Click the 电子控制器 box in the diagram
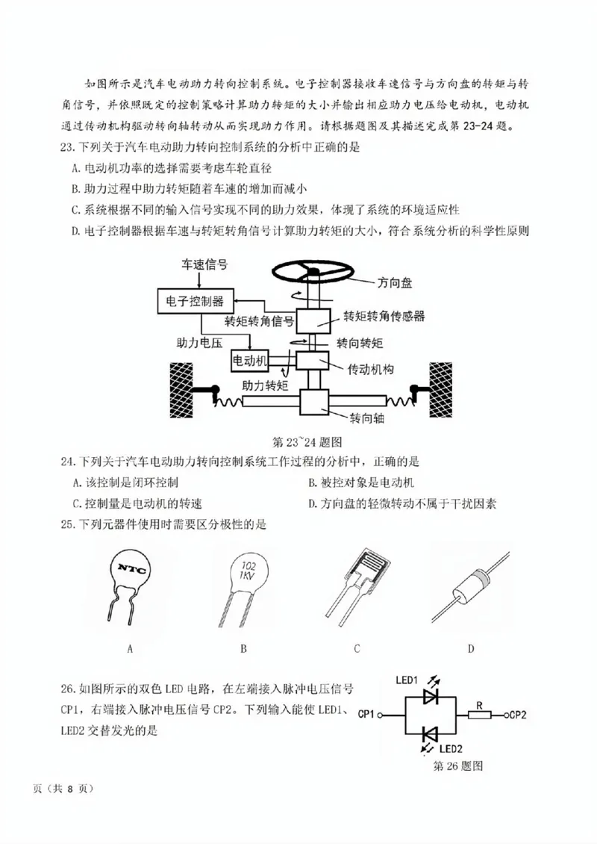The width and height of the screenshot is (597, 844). click(x=196, y=301)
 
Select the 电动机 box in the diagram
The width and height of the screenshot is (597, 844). click(x=250, y=361)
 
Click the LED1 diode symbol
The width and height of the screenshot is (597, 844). click(x=431, y=697)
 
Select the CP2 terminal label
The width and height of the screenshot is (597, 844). click(x=518, y=715)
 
